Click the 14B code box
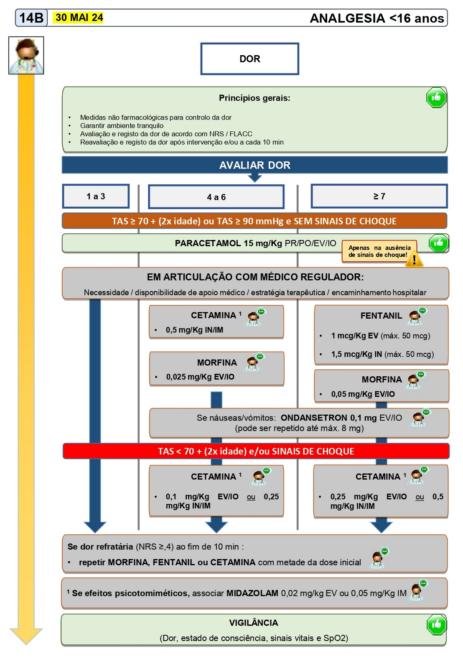31,18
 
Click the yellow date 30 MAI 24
79,18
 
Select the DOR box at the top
249,59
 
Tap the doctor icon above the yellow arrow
26,56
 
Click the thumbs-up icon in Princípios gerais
436,98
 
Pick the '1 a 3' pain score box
96,196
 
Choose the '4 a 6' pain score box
216,197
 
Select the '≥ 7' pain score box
379,196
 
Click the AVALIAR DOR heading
254,165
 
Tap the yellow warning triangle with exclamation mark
414,259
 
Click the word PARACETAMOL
208,243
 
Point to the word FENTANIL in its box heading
381,316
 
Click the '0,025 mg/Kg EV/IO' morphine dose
200,377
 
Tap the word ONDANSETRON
313,418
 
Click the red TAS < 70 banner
256,451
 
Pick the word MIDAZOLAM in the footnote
252,593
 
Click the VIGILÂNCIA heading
253,623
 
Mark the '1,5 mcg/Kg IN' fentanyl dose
356,354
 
